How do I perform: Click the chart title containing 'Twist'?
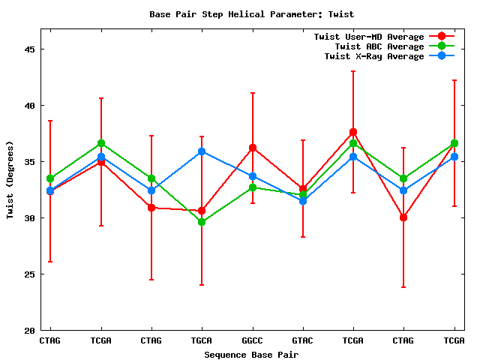[251, 13]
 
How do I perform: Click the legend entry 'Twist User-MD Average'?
[368, 37]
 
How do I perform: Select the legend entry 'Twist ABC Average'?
[379, 46]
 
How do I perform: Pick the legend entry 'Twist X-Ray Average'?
[374, 56]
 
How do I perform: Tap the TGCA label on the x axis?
[202, 340]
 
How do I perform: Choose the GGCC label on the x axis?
[253, 340]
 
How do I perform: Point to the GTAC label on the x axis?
[303, 340]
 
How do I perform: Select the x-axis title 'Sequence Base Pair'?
[251, 354]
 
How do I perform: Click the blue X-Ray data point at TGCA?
[202, 151]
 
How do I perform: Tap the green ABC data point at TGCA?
[202, 222]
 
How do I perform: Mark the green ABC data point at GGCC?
[253, 187]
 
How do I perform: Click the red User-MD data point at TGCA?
[202, 211]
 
